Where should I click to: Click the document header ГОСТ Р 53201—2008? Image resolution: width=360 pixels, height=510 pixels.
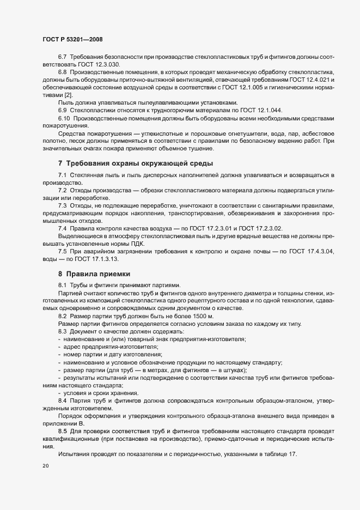[72, 40]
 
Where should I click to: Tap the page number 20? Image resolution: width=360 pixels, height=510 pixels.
[45, 467]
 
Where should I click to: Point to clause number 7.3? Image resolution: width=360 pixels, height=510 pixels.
[63, 205]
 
